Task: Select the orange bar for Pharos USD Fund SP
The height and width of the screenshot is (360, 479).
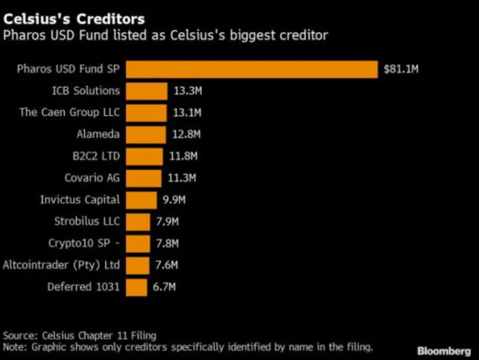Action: pyautogui.click(x=251, y=69)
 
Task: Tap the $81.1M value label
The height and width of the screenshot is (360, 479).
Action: pyautogui.click(x=401, y=69)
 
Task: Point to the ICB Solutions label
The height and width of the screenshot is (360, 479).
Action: pyautogui.click(x=86, y=91)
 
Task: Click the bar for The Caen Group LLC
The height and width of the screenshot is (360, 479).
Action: pyautogui.click(x=146, y=113)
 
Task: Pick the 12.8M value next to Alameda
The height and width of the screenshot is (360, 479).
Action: pyautogui.click(x=186, y=134)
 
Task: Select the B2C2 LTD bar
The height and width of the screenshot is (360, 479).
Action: pyautogui.click(x=144, y=156)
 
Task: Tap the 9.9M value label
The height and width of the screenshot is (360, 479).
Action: pyautogui.click(x=175, y=200)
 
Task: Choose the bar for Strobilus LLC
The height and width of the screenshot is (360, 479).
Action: pyautogui.click(x=138, y=222)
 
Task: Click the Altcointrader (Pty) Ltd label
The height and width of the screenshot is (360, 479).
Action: pyautogui.click(x=62, y=265)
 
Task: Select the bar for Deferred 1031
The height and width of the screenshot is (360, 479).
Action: pyautogui.click(x=136, y=287)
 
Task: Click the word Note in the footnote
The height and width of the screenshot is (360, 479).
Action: pyautogui.click(x=14, y=347)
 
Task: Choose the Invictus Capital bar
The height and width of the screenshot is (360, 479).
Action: pyautogui.click(x=141, y=200)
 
